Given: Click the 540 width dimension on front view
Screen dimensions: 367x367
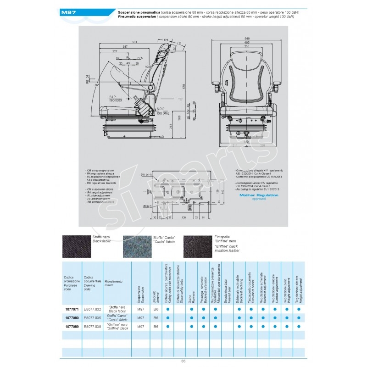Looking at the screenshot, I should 247,38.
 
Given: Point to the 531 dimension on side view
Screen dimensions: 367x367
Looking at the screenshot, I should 135,42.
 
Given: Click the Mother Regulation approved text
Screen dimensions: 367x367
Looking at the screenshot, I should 259,196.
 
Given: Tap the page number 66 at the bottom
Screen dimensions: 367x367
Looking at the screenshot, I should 183,361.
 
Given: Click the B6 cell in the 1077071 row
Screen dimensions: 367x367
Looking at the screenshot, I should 156,310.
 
